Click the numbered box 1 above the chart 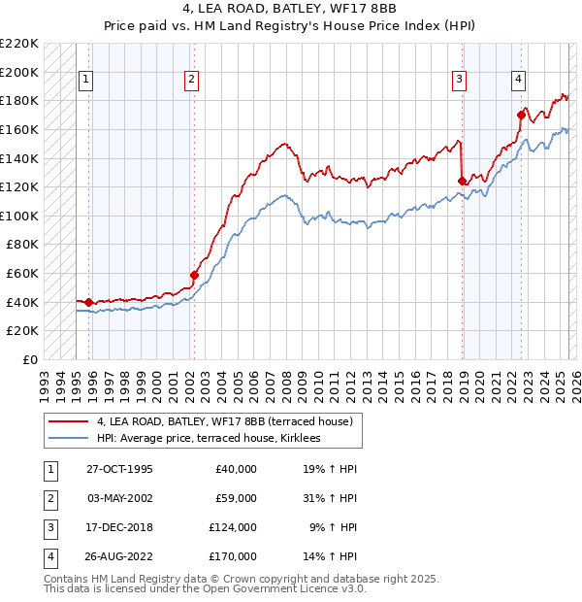click(x=87, y=80)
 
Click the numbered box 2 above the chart click(x=192, y=80)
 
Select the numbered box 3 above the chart click(x=459, y=80)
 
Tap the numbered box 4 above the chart click(x=519, y=80)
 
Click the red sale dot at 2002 click(x=194, y=275)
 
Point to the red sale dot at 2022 click(x=521, y=116)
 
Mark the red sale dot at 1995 click(x=88, y=302)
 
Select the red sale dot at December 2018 click(x=462, y=182)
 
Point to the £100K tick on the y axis click(x=21, y=216)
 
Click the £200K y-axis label click(x=21, y=72)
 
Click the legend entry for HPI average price click(x=214, y=439)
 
